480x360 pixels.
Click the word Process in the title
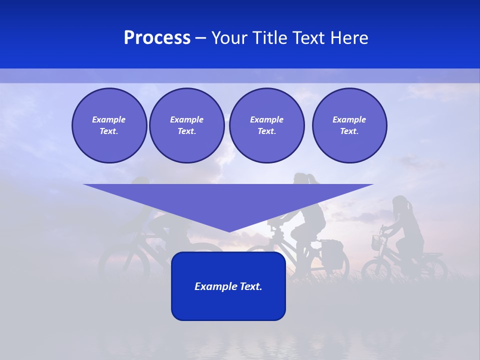[157, 38]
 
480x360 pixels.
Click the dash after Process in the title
[200, 38]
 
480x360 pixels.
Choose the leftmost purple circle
[109, 125]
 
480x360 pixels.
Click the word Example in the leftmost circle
[109, 119]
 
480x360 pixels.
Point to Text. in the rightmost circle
[349, 131]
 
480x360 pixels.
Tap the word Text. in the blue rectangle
[251, 286]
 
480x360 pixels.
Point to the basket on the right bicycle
[376, 243]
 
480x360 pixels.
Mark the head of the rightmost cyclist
[401, 204]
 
